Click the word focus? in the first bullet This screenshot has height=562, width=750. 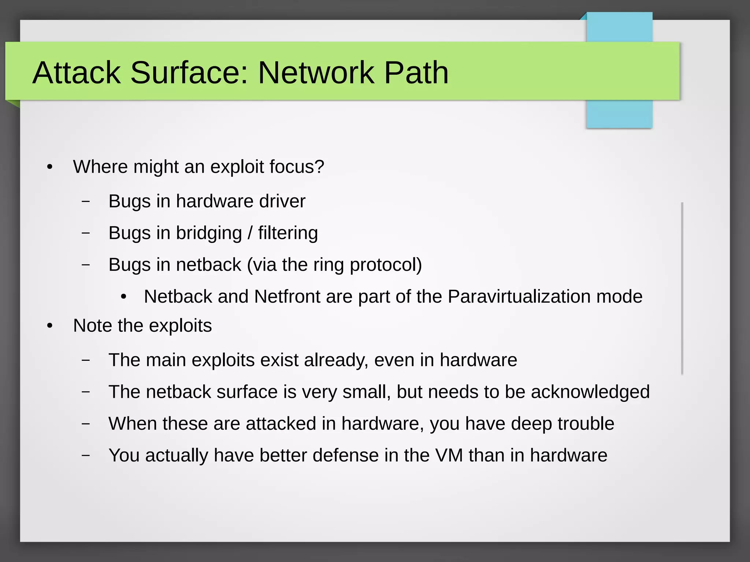click(297, 167)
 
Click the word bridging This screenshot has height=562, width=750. click(209, 233)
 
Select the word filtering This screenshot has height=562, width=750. click(288, 233)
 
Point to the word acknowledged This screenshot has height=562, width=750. click(590, 392)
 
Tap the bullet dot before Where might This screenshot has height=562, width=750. click(50, 168)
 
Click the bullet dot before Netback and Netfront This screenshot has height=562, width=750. click(124, 297)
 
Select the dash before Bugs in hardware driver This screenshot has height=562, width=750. click(86, 201)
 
